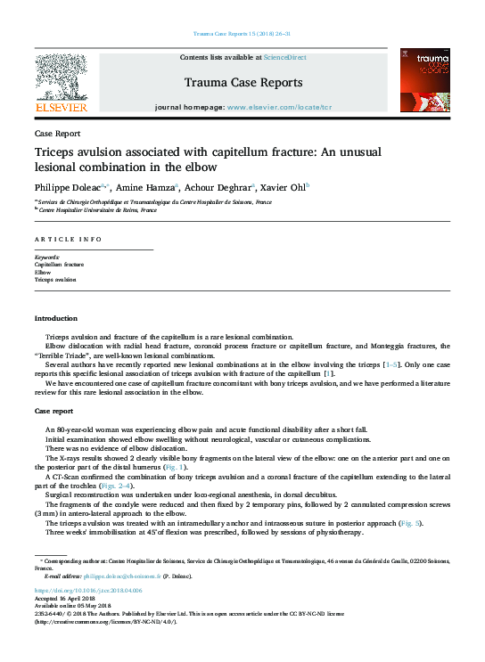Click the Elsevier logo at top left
pos(61,83)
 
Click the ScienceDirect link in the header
pos(284,57)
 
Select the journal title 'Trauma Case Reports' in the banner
pos(242,83)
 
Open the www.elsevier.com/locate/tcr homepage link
pos(279,107)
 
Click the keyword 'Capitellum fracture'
pos(59,265)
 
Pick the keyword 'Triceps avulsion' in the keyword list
pos(55,279)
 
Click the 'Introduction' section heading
pos(55,318)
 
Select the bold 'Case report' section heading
pos(53,411)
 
